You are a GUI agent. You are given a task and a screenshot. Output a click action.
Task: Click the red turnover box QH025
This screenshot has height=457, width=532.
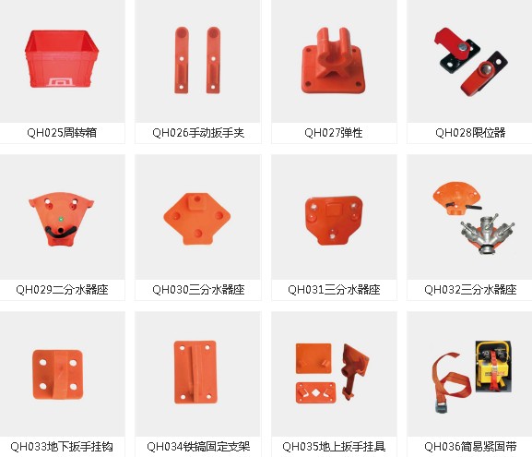(62, 59)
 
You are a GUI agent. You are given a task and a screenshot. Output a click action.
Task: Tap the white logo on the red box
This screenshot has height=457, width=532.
(61, 82)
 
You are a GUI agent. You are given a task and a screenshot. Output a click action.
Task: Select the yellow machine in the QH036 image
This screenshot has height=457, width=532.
(493, 367)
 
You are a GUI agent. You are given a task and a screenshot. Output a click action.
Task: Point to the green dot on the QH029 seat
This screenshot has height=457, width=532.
(61, 220)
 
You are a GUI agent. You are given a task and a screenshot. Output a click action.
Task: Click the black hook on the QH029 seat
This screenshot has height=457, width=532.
(61, 232)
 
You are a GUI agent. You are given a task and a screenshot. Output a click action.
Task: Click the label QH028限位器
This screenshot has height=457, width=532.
(470, 133)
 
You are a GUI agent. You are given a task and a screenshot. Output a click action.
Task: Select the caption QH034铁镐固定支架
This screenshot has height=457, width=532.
(198, 447)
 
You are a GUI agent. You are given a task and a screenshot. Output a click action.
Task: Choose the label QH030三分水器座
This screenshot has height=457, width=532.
(198, 290)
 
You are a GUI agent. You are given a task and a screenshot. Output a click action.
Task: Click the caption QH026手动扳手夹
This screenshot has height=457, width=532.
(198, 133)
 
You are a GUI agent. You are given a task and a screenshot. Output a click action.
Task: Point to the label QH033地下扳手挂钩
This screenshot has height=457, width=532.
(62, 447)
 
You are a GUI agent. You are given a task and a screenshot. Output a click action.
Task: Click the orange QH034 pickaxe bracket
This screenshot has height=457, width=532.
(195, 372)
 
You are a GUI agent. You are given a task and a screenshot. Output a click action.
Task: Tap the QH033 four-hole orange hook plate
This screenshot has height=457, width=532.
(58, 375)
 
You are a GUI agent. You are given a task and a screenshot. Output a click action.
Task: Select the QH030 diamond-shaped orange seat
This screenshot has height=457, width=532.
(196, 219)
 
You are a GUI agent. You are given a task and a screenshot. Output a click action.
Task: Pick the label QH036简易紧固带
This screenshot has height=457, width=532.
(470, 447)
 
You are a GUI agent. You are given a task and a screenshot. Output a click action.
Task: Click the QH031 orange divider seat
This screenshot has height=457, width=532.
(334, 220)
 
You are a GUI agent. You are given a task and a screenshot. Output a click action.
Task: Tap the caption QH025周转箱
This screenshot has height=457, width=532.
(62, 133)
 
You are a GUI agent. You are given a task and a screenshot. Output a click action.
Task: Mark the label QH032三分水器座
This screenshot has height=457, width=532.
(470, 290)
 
